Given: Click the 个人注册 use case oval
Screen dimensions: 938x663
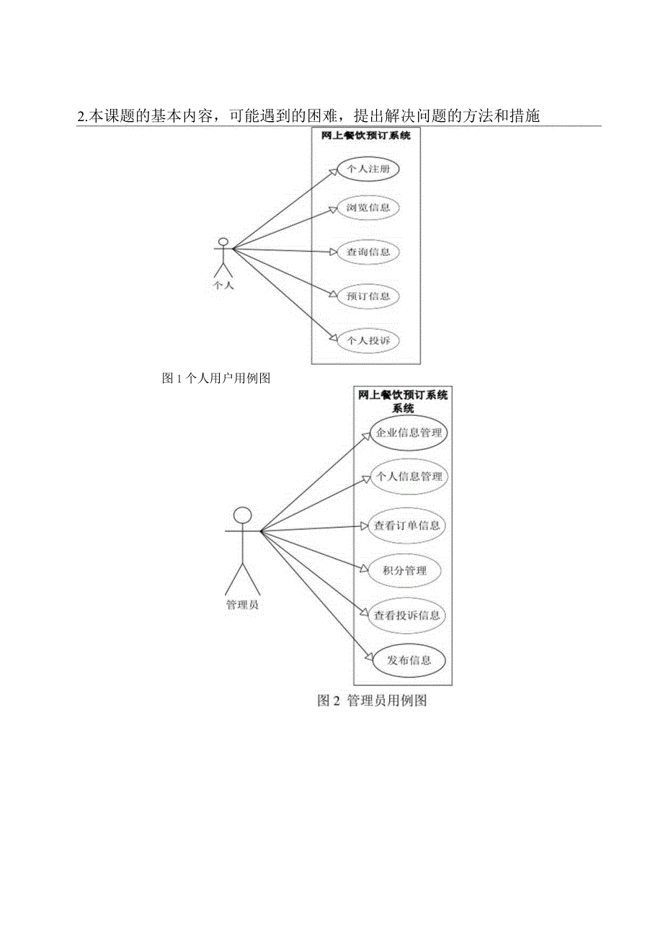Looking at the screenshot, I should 368,169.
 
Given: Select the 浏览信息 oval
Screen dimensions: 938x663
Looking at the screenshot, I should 368,208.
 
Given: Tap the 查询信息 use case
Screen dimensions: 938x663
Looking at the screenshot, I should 368,252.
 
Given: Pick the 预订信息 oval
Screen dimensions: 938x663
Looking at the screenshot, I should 368,296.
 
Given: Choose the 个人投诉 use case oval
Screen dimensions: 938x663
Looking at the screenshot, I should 368,340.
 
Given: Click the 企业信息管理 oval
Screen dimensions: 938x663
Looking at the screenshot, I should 409,433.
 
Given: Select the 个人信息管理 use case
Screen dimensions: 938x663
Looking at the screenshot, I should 409,477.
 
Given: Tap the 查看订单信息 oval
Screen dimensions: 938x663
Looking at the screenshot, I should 407,526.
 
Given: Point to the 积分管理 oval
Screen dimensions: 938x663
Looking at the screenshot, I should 406,571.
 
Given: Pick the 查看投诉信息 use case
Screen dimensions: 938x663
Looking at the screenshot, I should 407,616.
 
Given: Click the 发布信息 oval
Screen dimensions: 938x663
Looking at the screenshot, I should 409,660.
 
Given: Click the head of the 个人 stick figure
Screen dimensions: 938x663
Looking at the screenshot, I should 223,241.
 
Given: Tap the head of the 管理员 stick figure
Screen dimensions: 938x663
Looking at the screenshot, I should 243,515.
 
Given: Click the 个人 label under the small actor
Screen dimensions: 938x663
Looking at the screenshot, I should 223,284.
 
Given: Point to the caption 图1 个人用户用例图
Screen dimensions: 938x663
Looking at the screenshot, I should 216,378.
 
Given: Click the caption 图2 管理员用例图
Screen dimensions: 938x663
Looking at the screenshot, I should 373,701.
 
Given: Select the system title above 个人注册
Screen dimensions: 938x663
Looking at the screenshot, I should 366,135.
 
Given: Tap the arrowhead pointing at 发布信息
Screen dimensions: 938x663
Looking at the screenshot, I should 368,658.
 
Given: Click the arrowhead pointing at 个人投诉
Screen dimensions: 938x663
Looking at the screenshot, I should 332,337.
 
